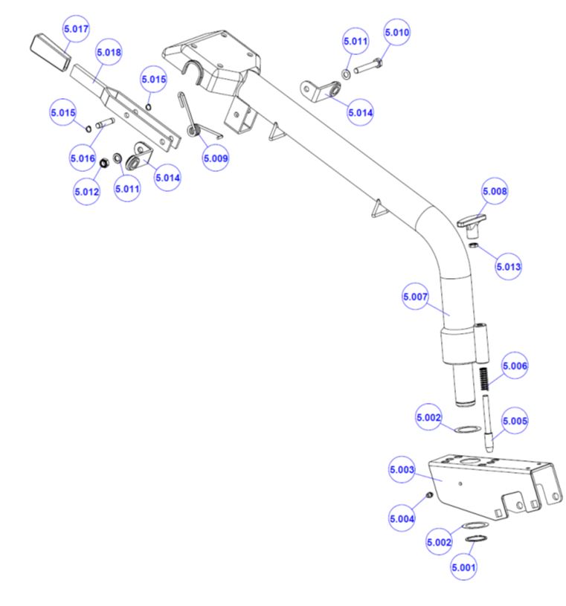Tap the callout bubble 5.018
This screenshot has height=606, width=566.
pyautogui.click(x=109, y=52)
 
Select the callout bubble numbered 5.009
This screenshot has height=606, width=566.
pyautogui.click(x=216, y=158)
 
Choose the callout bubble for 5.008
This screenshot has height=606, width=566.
pyautogui.click(x=495, y=192)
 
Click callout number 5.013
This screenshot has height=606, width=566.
pyautogui.click(x=509, y=265)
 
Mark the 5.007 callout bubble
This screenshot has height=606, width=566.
pyautogui.click(x=415, y=297)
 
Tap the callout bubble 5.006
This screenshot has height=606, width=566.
pyautogui.click(x=515, y=367)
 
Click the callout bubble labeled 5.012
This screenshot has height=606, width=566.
pyautogui.click(x=86, y=191)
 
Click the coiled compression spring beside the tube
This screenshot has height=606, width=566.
pyautogui.click(x=483, y=380)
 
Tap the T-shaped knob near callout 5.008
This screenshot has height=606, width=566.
pyautogui.click(x=469, y=221)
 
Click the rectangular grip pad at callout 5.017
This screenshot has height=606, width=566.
pyautogui.click(x=49, y=46)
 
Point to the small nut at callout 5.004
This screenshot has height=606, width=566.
pyautogui.click(x=429, y=495)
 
